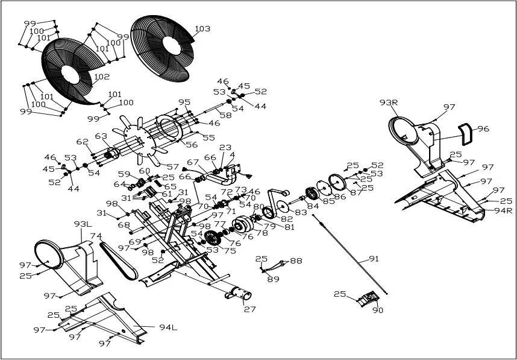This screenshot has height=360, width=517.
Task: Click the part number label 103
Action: (202, 29)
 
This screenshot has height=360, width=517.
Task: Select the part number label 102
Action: (102, 77)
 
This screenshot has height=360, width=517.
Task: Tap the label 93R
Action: (389, 103)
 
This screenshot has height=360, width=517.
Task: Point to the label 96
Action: (483, 128)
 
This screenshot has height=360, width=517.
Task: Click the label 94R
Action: (503, 211)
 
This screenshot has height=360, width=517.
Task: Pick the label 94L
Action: (168, 327)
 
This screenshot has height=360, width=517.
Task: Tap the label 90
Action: (378, 311)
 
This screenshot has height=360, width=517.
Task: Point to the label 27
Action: (249, 309)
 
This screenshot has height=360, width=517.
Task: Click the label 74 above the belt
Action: (96, 236)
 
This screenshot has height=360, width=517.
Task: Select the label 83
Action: (300, 212)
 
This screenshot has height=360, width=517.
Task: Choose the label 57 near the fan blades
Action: (173, 167)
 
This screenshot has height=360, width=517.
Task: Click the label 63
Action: (101, 136)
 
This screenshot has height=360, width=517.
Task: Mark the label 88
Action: (296, 261)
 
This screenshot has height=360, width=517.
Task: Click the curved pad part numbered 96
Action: (466, 133)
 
